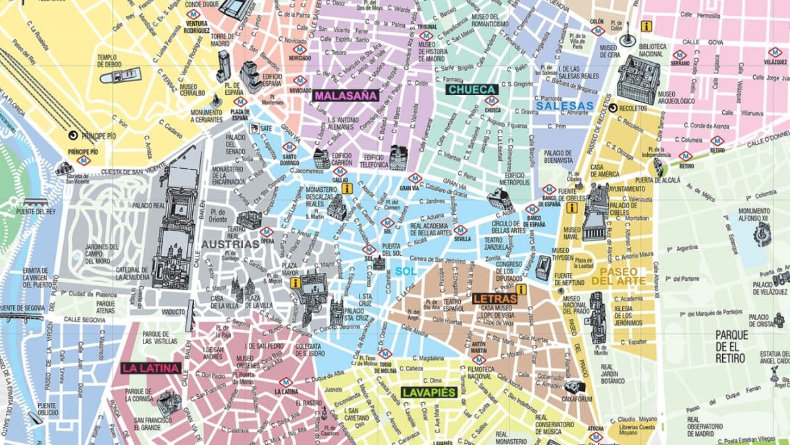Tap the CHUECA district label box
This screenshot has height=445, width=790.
471,89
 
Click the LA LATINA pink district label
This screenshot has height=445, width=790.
151,368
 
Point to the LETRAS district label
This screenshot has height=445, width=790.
494,299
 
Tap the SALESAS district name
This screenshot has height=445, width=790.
565,105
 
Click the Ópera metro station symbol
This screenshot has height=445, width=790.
267,232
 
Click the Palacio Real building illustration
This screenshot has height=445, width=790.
176,218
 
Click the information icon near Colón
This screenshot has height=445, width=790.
646,26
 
